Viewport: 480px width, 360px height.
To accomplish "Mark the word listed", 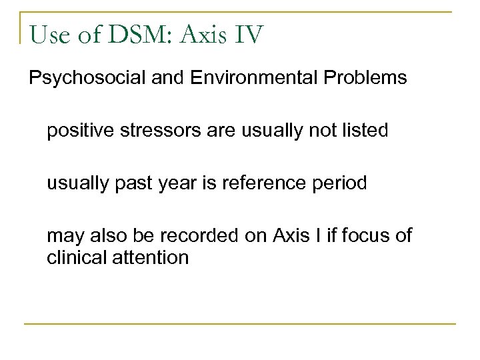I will click(x=365, y=131).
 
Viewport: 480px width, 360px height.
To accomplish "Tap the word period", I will click(x=339, y=183).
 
